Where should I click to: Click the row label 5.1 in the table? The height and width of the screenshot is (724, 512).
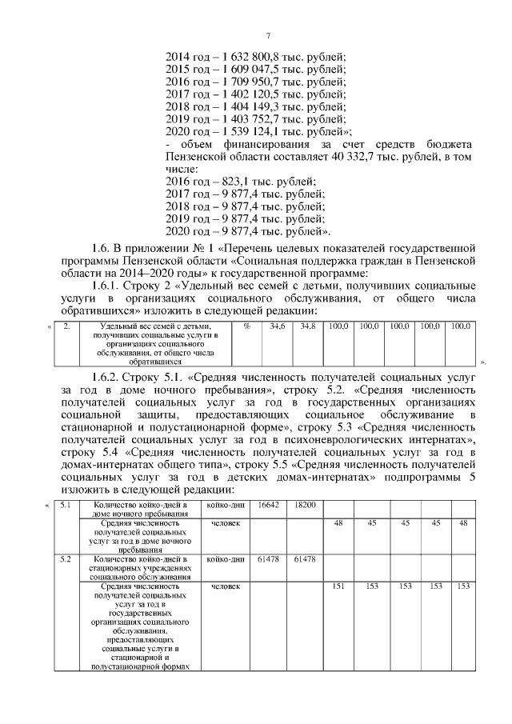point(66,505)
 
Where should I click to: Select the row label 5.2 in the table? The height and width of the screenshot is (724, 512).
point(66,558)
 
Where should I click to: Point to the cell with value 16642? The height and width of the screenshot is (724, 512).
point(270,505)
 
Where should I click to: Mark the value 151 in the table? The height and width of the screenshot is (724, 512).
point(338,586)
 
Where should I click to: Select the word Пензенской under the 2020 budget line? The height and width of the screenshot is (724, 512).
point(199,157)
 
